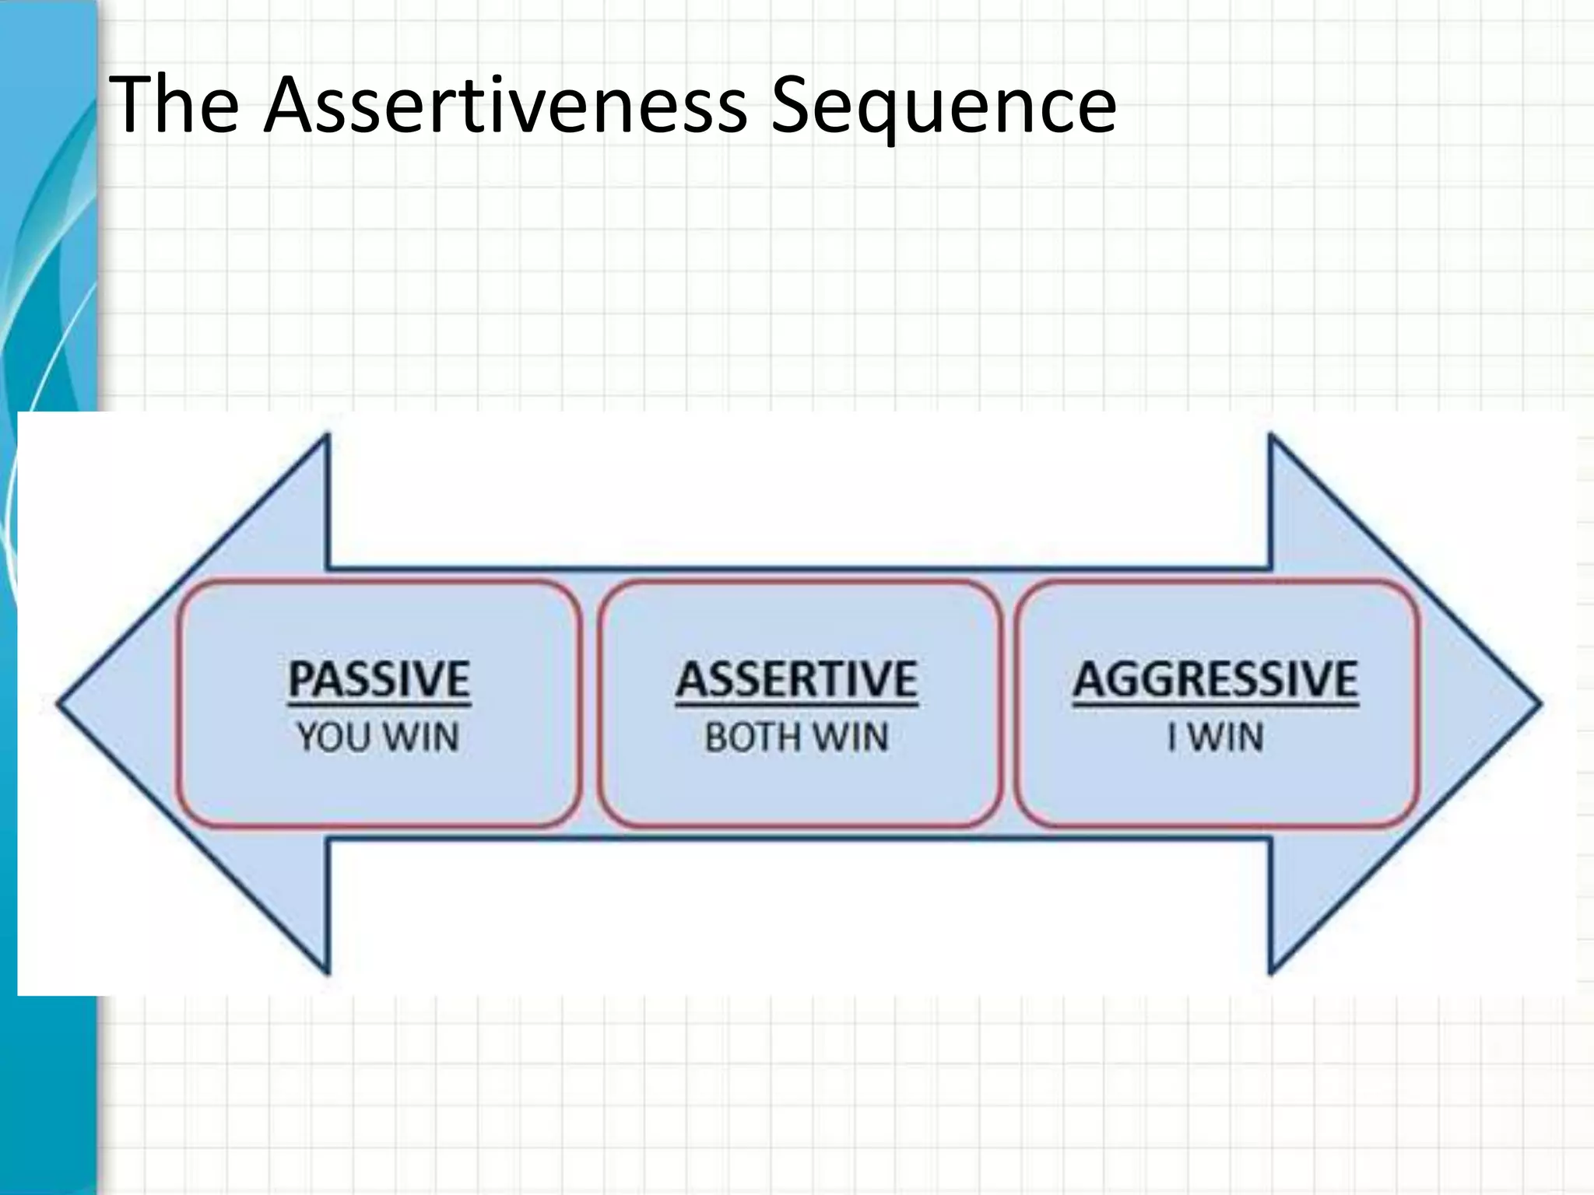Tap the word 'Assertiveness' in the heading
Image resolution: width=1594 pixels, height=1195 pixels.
tap(505, 104)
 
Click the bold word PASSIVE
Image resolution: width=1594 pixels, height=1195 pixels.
tap(379, 678)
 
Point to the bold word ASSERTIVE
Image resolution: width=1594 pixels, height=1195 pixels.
tap(796, 678)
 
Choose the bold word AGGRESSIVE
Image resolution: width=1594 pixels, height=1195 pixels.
tap(1215, 678)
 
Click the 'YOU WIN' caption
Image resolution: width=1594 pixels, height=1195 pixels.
tap(378, 737)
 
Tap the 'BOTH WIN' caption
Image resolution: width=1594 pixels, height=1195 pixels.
tap(796, 737)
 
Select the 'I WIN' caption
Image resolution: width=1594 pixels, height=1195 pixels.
tap(1215, 737)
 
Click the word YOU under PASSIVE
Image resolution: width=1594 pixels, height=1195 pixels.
tap(334, 737)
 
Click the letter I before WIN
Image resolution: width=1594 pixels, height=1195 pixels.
tap(1171, 737)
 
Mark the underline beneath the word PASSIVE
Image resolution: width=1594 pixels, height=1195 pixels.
tap(379, 706)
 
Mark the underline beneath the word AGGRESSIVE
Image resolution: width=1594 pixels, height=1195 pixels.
tap(1215, 706)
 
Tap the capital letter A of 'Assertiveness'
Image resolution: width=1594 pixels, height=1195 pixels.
tap(292, 104)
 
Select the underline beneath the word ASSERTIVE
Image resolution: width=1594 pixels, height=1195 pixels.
tap(796, 706)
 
